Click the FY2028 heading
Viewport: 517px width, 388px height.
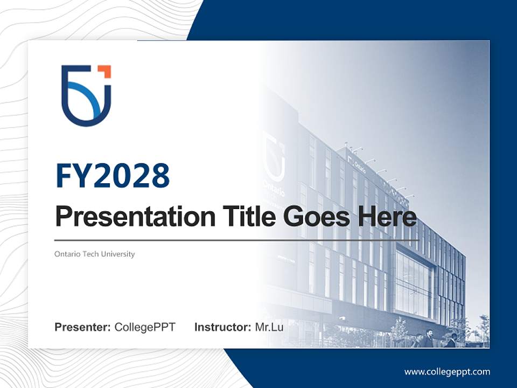(x=113, y=176)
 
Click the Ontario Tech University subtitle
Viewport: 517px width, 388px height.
(x=94, y=254)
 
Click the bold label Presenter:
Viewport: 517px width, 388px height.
(x=82, y=327)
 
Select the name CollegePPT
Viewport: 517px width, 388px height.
(x=145, y=327)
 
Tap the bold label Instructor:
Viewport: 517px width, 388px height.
(x=222, y=327)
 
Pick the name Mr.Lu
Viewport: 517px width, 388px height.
(x=269, y=327)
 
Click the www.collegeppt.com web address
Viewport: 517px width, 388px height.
(x=447, y=372)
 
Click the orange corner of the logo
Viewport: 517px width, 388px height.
(x=106, y=71)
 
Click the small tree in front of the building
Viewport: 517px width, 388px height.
(x=399, y=329)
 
